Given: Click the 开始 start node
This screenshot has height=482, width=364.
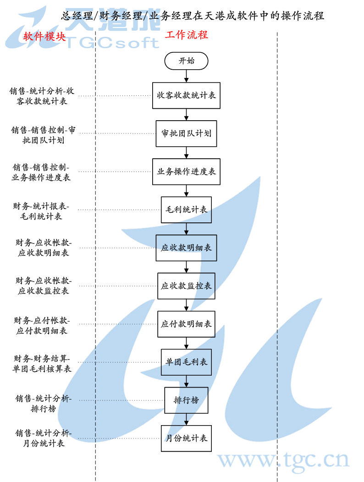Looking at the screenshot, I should (x=186, y=61).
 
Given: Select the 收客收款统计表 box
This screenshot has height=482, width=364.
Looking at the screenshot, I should (x=186, y=95).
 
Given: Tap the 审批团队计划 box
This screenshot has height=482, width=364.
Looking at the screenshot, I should (x=186, y=133).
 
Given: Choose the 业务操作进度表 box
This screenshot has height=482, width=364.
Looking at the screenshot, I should (x=186, y=172).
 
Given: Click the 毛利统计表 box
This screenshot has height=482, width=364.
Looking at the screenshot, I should (x=186, y=210).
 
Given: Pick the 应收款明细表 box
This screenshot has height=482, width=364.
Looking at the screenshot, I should (x=186, y=248).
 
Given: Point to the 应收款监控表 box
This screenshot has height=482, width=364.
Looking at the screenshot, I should (x=186, y=286).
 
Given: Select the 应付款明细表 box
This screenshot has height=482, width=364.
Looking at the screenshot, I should (x=186, y=324).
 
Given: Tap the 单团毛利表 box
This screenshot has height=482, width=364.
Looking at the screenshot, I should (x=186, y=362).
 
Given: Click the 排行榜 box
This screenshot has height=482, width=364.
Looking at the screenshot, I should (x=186, y=400).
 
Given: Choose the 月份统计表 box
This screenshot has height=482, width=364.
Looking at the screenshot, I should (x=186, y=438).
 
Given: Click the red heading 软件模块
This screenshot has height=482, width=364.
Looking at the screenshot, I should (x=44, y=37).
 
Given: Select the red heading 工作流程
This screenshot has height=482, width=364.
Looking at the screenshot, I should (x=187, y=35).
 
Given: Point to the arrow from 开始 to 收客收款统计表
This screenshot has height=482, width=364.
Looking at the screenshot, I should (x=186, y=76).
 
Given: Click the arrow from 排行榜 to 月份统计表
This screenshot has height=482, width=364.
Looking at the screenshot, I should (x=186, y=419).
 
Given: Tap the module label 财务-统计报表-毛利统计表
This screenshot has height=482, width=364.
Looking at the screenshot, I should (x=42, y=211).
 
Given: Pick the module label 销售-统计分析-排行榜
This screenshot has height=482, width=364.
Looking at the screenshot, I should (x=43, y=404).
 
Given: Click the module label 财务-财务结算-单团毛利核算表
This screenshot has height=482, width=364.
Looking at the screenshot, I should (x=42, y=364).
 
